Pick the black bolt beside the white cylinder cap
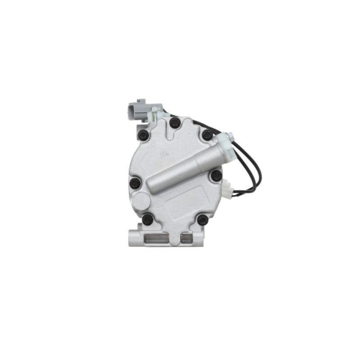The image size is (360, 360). (207, 135)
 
